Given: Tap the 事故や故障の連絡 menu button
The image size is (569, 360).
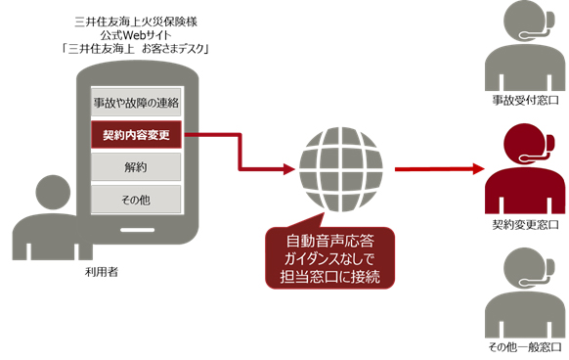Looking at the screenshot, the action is point(136,102).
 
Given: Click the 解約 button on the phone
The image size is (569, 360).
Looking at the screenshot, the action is point(136,167).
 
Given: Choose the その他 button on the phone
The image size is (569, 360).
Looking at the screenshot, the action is point(136,200).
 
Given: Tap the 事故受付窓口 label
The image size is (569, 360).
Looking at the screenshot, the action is point(524,102).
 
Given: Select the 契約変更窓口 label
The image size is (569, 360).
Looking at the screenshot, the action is point(524,225).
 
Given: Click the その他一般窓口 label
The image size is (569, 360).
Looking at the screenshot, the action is point(524,348).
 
